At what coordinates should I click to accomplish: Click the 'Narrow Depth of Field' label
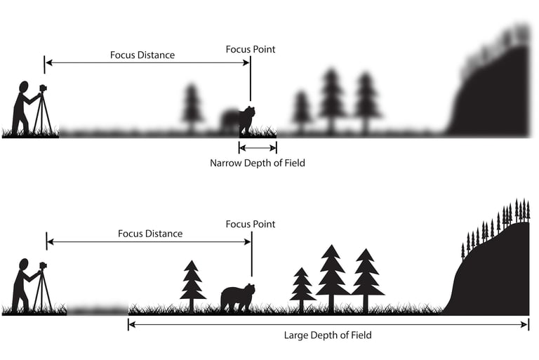click(258, 163)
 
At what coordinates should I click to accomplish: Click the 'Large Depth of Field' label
click(328, 335)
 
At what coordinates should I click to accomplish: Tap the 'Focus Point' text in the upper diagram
click(251, 49)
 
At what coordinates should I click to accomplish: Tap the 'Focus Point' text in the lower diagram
click(251, 224)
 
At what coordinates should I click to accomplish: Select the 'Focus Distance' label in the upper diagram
click(142, 55)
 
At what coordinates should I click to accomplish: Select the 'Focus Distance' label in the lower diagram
click(150, 234)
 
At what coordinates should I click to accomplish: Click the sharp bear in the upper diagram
click(246, 120)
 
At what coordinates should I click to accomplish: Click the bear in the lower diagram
click(237, 298)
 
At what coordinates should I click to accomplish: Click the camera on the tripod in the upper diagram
click(42, 89)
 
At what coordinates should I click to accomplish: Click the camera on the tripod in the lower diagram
click(42, 267)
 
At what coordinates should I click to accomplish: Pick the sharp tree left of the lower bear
click(192, 284)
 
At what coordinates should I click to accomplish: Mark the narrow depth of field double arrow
click(258, 147)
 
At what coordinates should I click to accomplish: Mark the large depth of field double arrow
click(328, 324)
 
